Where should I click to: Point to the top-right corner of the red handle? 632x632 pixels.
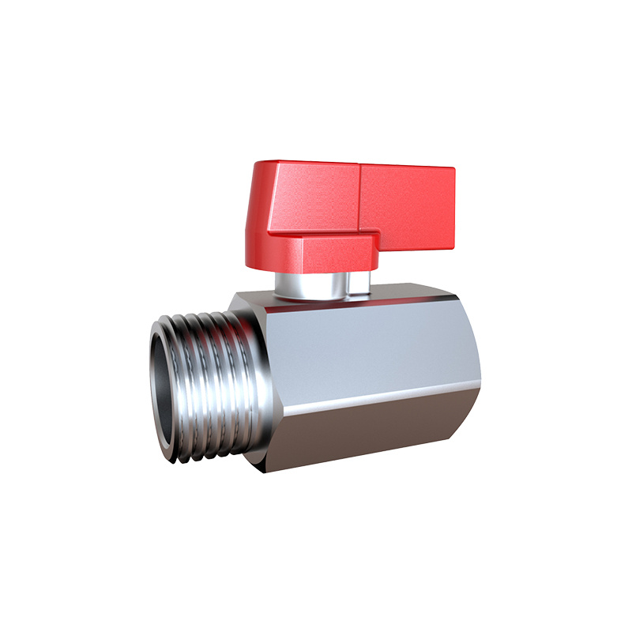453,169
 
